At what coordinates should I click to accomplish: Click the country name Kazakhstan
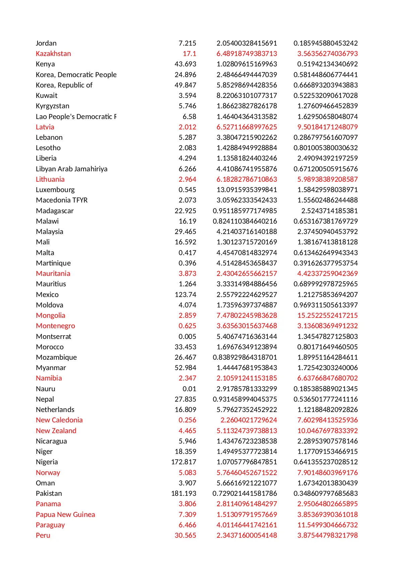tap(53, 54)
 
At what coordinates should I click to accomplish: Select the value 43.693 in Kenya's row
tap(185, 64)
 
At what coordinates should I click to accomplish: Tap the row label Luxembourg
tap(55, 190)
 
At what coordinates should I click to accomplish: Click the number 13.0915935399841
tap(247, 190)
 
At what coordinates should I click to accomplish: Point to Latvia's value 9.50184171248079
tap(328, 127)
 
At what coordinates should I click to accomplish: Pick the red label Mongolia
tap(51, 315)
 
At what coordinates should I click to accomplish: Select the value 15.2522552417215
tap(328, 315)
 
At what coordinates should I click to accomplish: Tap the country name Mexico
tap(47, 295)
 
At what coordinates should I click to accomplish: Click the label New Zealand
tap(56, 431)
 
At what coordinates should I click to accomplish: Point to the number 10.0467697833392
tap(328, 431)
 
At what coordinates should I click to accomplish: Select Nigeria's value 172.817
tap(184, 462)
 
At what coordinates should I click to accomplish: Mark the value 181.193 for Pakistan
tap(184, 493)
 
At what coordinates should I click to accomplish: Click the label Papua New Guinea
tap(65, 515)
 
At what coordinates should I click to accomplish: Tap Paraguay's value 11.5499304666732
tap(328, 525)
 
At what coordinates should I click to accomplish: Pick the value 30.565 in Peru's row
tap(185, 535)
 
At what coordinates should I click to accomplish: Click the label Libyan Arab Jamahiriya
tap(72, 169)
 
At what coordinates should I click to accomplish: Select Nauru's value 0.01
tap(189, 389)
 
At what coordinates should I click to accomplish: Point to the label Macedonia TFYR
tap(62, 200)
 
